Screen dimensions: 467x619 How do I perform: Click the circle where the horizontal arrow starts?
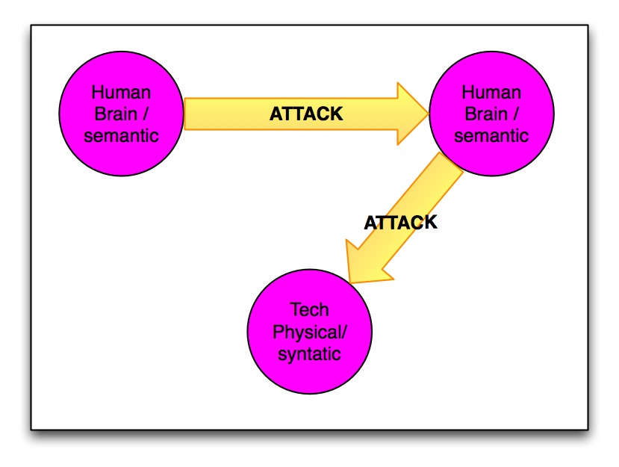click(x=121, y=114)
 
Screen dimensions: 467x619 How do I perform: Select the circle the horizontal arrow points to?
click(x=491, y=114)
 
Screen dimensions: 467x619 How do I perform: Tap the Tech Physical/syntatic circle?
click(x=308, y=332)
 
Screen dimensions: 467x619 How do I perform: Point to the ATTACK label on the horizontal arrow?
click(x=305, y=114)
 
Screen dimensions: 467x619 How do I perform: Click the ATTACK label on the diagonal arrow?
click(x=400, y=222)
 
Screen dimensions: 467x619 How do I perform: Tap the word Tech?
click(x=308, y=310)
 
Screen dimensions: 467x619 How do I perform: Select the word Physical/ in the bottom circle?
click(x=310, y=332)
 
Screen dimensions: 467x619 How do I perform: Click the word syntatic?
click(x=309, y=353)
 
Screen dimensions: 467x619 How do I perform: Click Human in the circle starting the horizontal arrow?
click(x=121, y=93)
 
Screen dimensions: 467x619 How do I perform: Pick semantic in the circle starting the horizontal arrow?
click(x=121, y=136)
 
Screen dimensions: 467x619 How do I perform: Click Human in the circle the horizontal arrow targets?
click(x=491, y=93)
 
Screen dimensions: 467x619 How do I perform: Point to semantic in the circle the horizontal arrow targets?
click(x=491, y=136)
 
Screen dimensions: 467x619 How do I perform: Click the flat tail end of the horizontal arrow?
click(x=187, y=114)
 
